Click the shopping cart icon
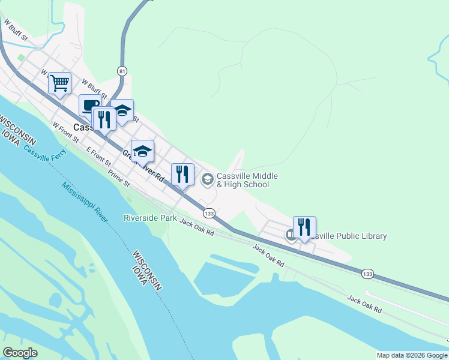tap(60, 83)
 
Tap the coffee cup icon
tap(89, 106)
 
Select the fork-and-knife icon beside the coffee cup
tap(104, 119)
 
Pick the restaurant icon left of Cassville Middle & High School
tap(182, 174)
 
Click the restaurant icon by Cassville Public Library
tap(304, 227)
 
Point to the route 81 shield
tap(122, 70)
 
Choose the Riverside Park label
tap(150, 218)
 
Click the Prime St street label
tap(119, 179)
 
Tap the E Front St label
tap(99, 156)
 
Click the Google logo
tap(20, 353)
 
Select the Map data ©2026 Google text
tap(412, 355)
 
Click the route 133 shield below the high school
tap(209, 214)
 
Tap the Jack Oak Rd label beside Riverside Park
tap(197, 229)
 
